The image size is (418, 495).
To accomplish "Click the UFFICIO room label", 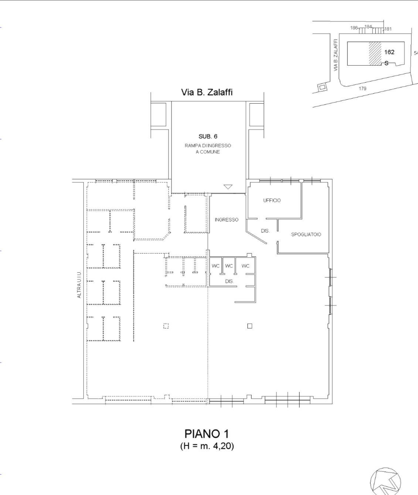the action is click(272, 200).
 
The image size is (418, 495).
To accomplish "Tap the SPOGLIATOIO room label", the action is click(306, 234).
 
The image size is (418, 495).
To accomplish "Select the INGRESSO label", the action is click(227, 220).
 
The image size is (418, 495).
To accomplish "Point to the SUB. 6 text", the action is click(208, 136).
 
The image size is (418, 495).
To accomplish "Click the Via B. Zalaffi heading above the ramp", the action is click(207, 92).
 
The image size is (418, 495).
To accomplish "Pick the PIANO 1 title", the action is click(207, 434).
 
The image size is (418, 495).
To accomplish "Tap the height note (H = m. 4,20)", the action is click(207, 446).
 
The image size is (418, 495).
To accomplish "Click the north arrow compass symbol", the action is click(385, 482).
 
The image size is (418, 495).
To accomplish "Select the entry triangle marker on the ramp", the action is click(228, 187).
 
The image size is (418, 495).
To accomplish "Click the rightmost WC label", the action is click(245, 266).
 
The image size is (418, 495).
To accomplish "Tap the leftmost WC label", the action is click(215, 266).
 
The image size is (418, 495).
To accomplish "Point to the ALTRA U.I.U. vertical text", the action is click(79, 285).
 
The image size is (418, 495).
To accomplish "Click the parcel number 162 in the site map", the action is click(389, 52).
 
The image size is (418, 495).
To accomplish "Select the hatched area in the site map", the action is click(375, 54).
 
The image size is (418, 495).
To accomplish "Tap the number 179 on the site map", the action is click(363, 89).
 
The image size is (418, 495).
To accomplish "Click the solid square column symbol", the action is click(250, 326).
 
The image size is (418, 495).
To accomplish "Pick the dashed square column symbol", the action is click(166, 326).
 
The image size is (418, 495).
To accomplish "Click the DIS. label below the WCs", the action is click(229, 281).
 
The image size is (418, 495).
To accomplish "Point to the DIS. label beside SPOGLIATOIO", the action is click(265, 231).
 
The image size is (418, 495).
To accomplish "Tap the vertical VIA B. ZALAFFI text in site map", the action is click(335, 55).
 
